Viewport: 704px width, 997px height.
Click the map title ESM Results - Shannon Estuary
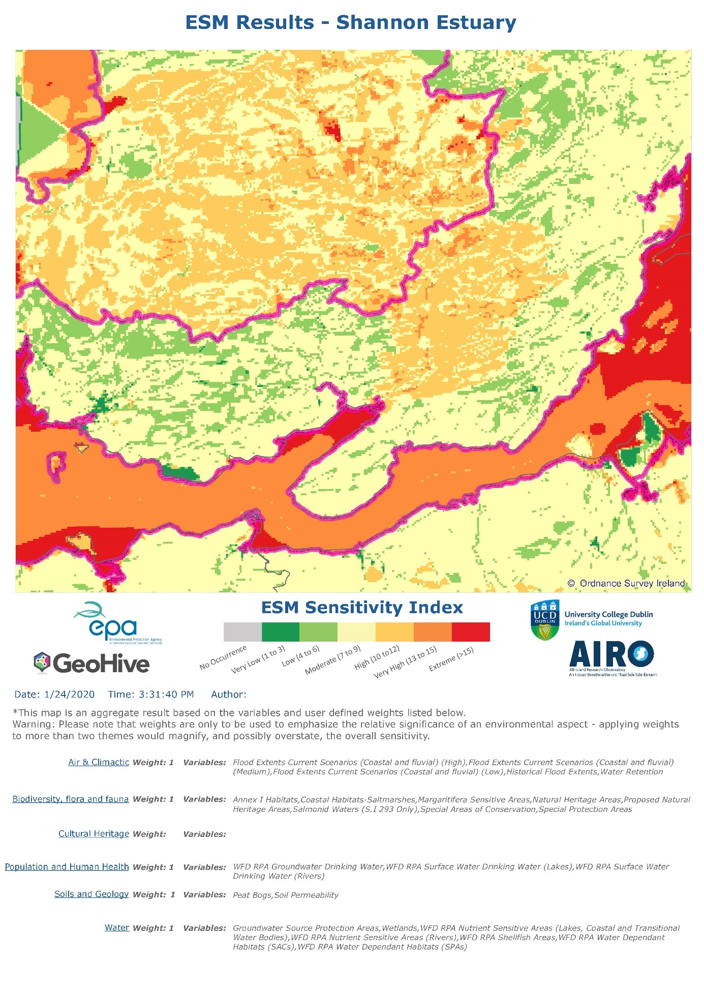351,23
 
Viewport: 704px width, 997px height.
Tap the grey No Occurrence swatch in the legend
242,632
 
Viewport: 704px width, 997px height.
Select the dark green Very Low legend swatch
280,632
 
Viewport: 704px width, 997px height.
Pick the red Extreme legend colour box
471,632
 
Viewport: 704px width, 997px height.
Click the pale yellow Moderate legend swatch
356,632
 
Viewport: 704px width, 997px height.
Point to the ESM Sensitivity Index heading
362,608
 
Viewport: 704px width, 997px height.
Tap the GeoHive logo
91,663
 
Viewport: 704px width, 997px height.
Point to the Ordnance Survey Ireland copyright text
626,583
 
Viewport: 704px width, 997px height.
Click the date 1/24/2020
69,694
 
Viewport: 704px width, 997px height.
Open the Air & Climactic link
99,762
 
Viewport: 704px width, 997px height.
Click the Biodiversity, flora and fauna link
70,799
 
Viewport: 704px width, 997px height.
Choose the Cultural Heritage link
94,834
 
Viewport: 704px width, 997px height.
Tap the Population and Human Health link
67,867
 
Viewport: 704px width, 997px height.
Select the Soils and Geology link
91,894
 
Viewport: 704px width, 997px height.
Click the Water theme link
117,928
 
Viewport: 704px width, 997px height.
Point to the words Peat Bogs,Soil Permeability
285,895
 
